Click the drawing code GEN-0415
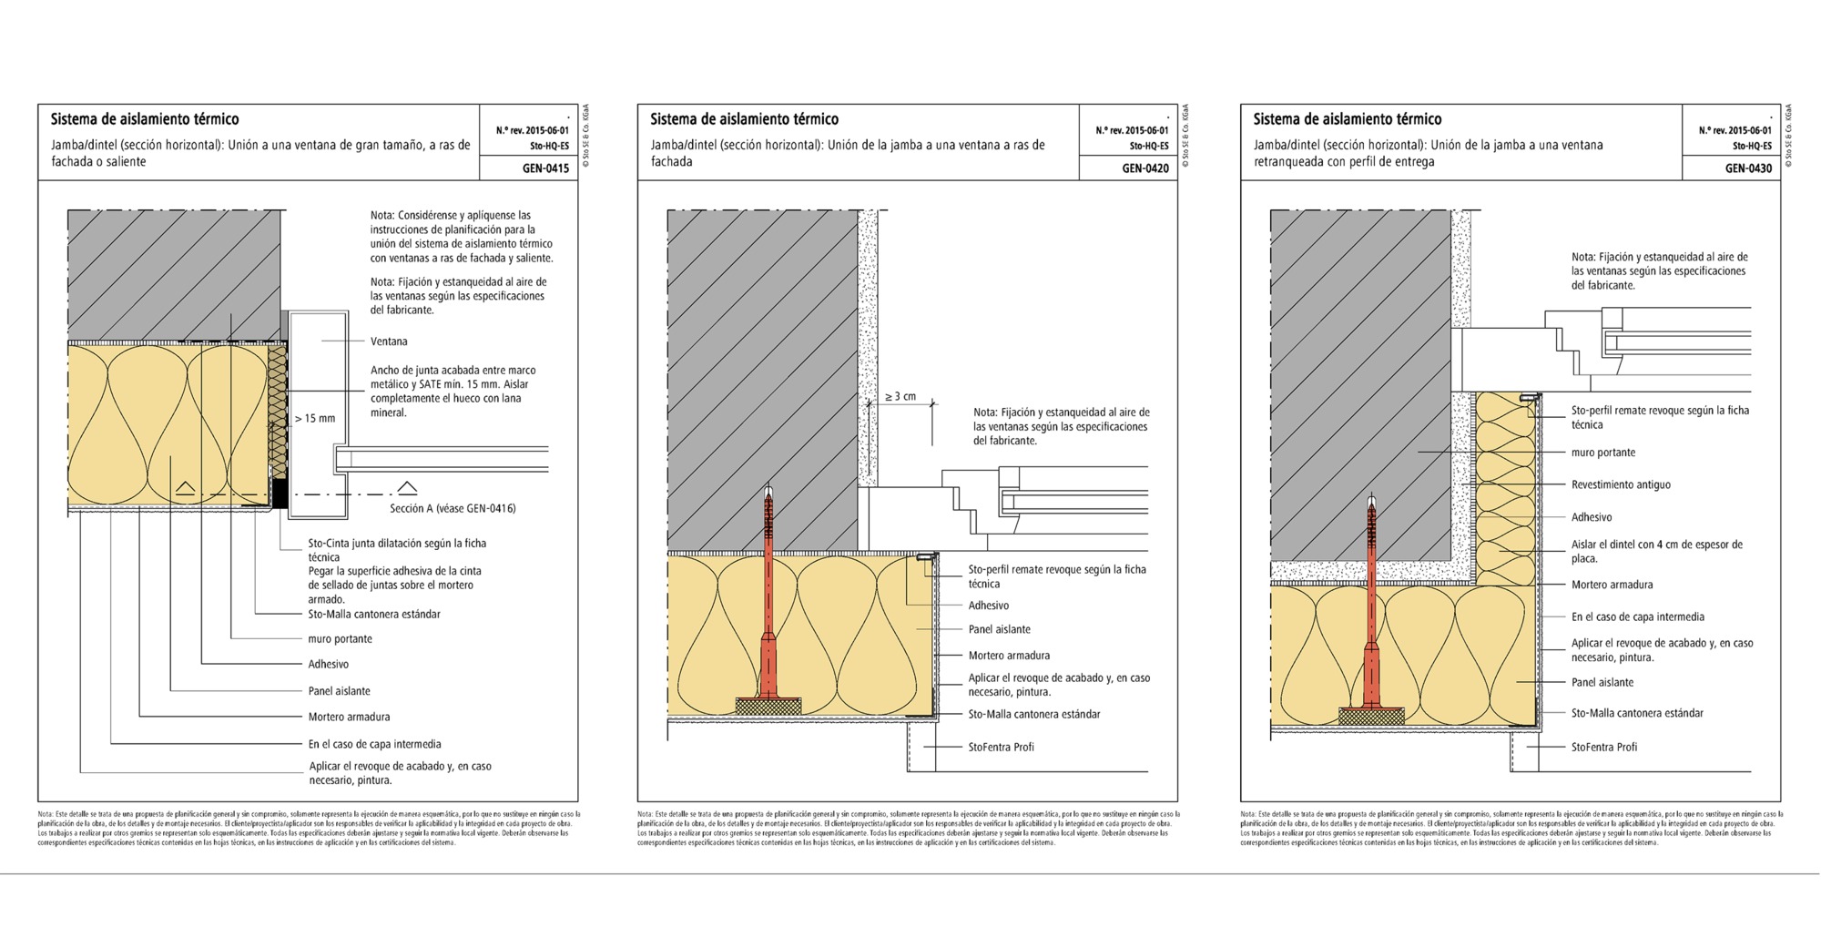545,168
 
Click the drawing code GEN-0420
1145,168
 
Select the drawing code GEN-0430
1748,168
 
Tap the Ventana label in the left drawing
389,341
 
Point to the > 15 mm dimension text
315,419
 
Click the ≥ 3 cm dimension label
900,397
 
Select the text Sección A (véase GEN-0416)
453,509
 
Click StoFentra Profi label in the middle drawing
1001,748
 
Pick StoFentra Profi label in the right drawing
1603,748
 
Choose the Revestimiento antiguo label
1621,485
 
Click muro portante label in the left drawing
340,639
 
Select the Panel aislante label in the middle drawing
999,629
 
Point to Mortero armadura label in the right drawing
1612,586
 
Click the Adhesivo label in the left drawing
328,665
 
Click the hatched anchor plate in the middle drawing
768,706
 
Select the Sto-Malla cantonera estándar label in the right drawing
1636,714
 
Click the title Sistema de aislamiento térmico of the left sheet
145,119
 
